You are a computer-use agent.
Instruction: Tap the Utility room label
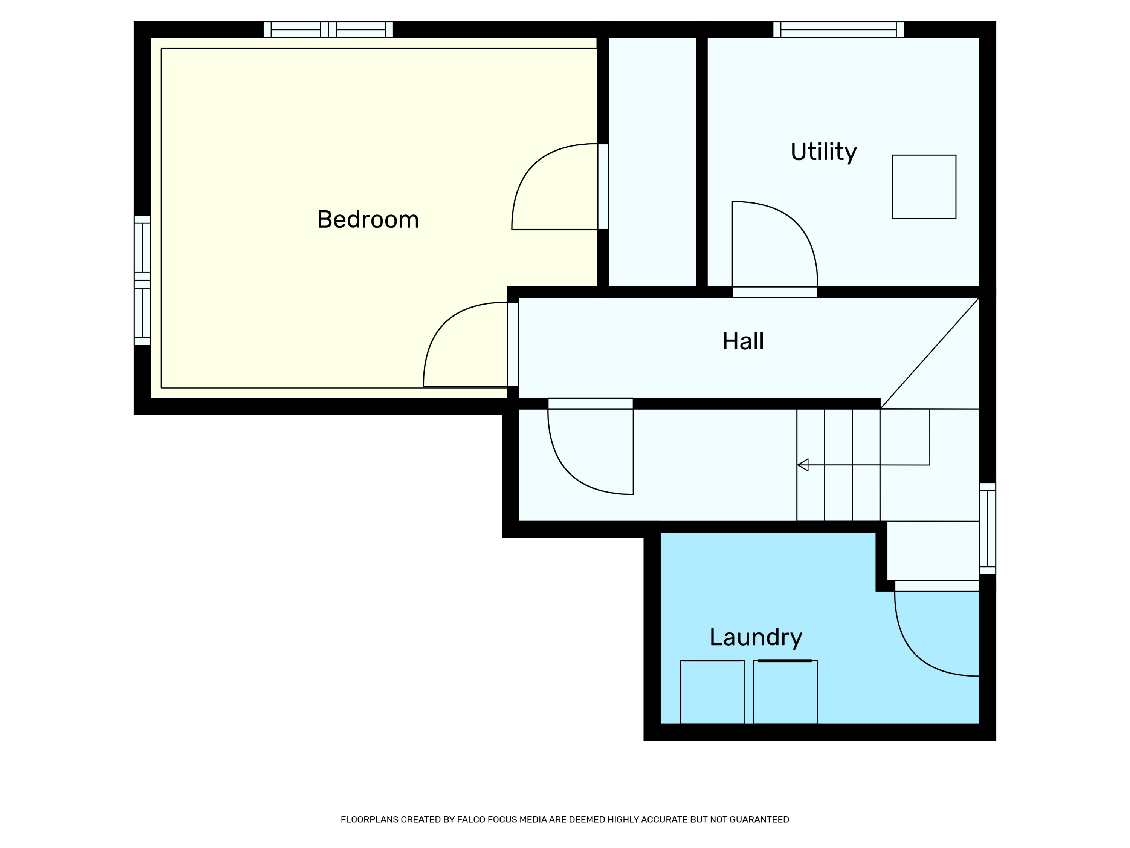(x=823, y=152)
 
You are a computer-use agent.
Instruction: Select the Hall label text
(x=743, y=341)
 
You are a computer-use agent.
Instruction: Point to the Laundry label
(x=756, y=638)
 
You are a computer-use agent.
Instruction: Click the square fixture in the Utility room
(x=924, y=187)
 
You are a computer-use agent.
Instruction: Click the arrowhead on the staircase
(x=803, y=465)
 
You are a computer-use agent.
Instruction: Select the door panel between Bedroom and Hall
(x=513, y=344)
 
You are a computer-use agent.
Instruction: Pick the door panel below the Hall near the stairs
(x=591, y=403)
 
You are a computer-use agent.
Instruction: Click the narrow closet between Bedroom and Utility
(x=652, y=162)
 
